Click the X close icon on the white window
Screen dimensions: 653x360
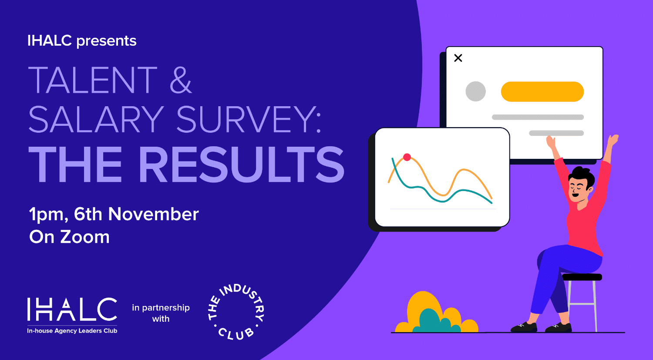458,58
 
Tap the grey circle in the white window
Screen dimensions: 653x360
475,91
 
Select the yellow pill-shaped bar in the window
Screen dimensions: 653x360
542,91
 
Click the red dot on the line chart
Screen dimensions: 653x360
407,158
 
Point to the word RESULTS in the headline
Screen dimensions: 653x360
242,165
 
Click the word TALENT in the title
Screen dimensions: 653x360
93,80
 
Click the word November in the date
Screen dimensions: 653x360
153,214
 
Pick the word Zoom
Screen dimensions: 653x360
85,237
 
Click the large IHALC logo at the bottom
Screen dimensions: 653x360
72,309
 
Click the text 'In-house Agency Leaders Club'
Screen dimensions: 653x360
72,331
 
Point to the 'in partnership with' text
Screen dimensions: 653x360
161,313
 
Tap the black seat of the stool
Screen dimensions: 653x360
582,277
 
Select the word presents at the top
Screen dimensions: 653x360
106,41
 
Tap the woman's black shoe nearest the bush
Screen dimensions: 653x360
524,327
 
